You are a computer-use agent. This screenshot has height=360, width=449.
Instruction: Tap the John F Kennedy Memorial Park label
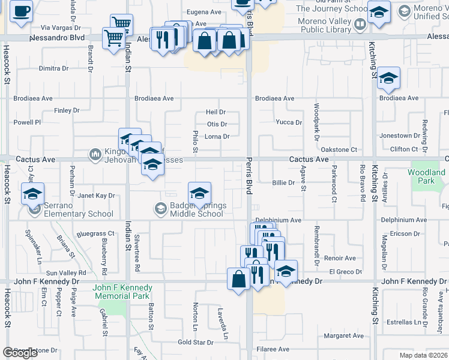click(121, 292)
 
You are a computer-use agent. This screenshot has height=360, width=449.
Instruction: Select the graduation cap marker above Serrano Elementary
click(32, 194)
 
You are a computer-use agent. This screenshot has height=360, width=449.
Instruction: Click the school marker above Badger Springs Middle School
click(199, 193)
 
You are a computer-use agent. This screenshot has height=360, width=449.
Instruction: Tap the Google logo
click(20, 353)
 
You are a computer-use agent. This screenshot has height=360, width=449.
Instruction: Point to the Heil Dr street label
click(215, 112)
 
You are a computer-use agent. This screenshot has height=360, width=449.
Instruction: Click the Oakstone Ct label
click(339, 149)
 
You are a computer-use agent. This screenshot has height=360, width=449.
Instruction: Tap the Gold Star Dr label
click(196, 343)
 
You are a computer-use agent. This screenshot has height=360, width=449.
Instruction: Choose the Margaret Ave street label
click(344, 335)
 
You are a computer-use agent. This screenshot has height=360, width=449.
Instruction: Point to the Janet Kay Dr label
click(96, 196)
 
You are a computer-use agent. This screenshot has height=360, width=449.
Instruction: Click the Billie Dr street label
click(283, 182)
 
